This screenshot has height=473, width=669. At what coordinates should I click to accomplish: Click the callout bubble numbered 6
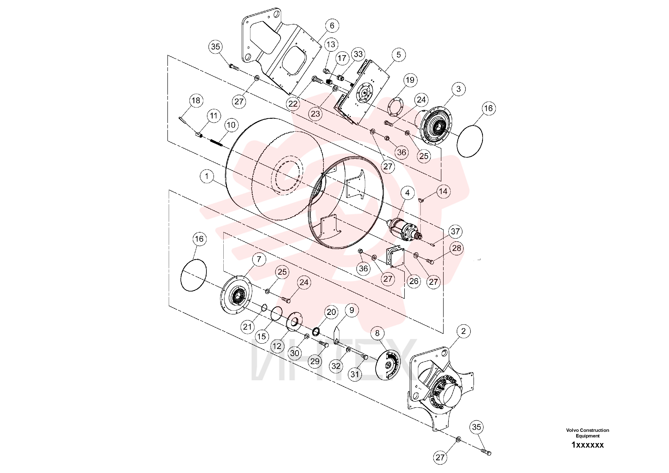tap(332, 26)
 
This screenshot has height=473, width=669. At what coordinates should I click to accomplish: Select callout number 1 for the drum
tap(207, 176)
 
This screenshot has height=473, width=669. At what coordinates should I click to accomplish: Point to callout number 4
tap(407, 193)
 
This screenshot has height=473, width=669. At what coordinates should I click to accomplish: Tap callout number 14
tap(443, 192)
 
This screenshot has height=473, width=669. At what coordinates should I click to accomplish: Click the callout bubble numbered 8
tap(377, 333)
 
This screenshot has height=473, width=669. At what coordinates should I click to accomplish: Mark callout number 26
tap(414, 281)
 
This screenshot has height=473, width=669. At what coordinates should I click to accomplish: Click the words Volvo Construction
tap(587, 430)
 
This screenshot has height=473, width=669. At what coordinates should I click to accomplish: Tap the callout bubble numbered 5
tap(399, 55)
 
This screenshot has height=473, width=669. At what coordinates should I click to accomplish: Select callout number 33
tap(358, 54)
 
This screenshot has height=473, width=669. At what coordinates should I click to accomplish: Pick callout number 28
tap(457, 248)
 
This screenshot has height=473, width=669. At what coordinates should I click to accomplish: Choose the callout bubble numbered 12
tap(277, 346)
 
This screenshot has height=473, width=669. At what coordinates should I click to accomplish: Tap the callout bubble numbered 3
tap(459, 89)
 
